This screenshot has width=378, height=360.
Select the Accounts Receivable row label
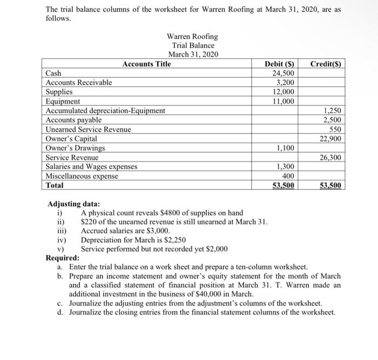79,83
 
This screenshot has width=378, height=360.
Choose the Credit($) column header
326,64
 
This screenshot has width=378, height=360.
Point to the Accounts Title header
146,64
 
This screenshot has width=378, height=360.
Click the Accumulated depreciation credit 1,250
334,111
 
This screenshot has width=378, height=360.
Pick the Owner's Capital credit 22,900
331,139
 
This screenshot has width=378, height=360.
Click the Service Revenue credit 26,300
331,158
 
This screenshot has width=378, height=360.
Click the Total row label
55,185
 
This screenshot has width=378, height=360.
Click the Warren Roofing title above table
192,37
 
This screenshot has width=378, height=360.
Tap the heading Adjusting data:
73,205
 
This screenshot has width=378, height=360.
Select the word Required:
63,258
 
